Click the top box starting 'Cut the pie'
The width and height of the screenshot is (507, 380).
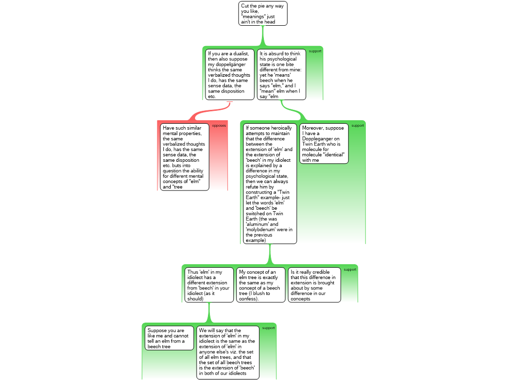pyautogui.click(x=263, y=13)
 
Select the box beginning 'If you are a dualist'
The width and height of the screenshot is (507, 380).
pyautogui.click(x=230, y=75)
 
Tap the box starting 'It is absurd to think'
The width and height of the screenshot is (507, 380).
pyautogui.click(x=281, y=75)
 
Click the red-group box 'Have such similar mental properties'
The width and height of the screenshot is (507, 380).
pyautogui.click(x=185, y=157)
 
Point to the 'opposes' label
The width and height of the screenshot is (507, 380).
pyautogui.click(x=219, y=126)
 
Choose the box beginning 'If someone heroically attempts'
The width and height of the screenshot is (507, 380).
pyautogui.click(x=270, y=184)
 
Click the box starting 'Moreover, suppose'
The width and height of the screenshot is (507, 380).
pyautogui.click(x=324, y=144)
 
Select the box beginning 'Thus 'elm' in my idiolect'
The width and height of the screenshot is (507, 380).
pyautogui.click(x=209, y=285)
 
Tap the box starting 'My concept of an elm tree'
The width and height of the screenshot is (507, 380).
pyautogui.click(x=261, y=285)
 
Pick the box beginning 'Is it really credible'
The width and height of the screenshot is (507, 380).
pyautogui.click(x=314, y=285)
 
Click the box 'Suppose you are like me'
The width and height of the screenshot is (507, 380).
pyautogui.click(x=169, y=338)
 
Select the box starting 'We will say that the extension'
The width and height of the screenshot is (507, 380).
pyautogui.click(x=228, y=352)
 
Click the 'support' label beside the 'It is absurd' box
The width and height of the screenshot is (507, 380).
pyautogui.click(x=315, y=51)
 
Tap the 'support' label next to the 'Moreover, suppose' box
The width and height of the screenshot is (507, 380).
pyautogui.click(x=357, y=126)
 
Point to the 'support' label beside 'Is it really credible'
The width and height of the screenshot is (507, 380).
pyautogui.click(x=350, y=270)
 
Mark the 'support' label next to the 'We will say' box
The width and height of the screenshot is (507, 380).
pyautogui.click(x=268, y=328)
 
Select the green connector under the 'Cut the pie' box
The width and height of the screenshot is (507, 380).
pyautogui.click(x=263, y=36)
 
